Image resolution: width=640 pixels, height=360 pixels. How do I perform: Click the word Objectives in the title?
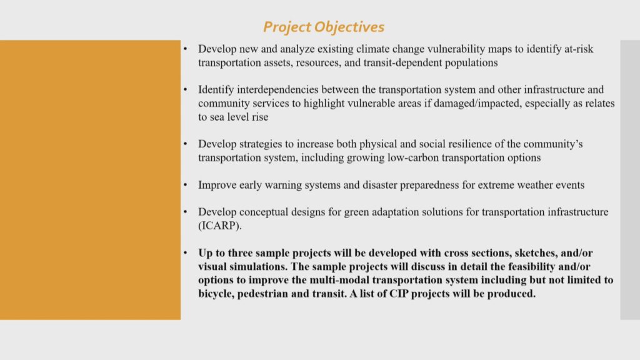coord(349,27)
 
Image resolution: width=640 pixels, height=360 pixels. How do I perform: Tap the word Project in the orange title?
coord(287,27)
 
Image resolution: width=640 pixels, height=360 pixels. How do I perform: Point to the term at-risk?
coord(578,49)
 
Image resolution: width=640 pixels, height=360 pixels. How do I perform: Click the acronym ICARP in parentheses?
coord(219,226)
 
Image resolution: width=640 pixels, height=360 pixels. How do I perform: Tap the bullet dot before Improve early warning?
coord(185,185)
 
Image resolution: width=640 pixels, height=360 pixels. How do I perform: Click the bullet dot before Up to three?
coord(185,253)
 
